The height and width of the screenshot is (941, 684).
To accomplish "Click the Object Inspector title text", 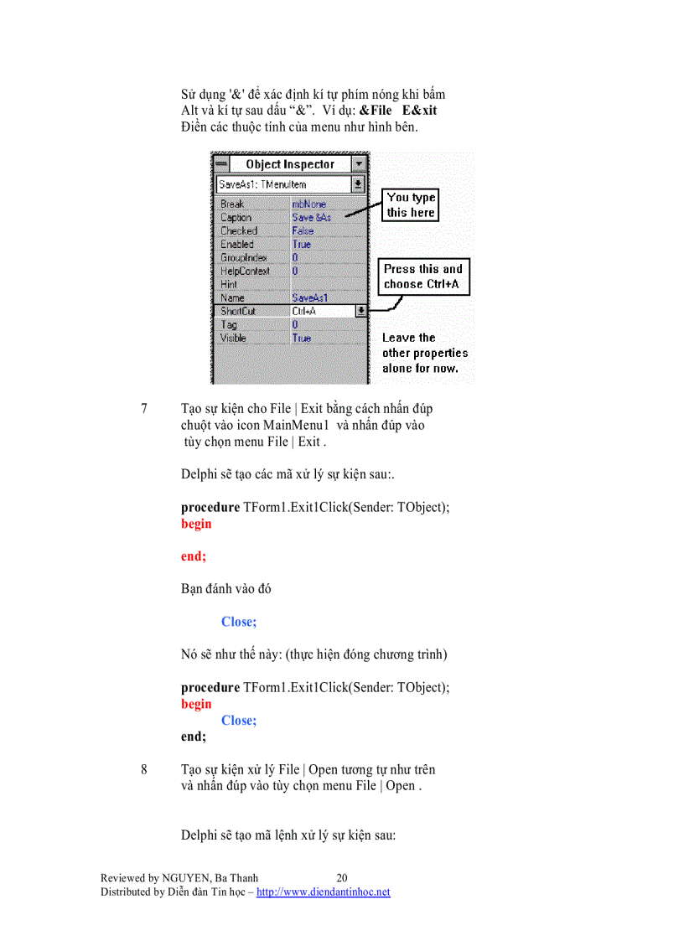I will [289, 164].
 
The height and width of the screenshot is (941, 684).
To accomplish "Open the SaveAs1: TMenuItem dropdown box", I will [358, 184].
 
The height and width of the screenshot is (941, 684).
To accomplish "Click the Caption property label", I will [236, 217].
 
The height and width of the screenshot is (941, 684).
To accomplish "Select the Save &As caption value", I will [310, 217].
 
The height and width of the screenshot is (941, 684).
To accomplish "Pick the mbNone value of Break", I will [309, 204].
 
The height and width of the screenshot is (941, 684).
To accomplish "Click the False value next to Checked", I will [303, 230].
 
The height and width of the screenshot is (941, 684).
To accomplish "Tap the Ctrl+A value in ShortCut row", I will [305, 311].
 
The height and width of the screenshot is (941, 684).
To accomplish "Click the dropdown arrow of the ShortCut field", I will [360, 311].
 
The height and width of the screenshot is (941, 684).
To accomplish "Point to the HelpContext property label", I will [245, 271].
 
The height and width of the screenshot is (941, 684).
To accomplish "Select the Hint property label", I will [229, 284].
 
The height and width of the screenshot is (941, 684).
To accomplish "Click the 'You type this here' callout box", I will [411, 205].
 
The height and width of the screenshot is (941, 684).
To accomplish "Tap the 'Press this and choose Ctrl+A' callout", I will [423, 277].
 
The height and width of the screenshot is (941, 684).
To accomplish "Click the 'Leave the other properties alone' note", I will [425, 353].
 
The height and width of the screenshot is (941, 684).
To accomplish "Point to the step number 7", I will [144, 410].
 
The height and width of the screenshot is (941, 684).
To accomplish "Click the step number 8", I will [144, 769].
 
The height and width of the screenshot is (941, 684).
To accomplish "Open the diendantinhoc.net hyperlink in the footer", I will [323, 892].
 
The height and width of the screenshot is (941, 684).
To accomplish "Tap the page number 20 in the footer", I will [342, 878].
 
